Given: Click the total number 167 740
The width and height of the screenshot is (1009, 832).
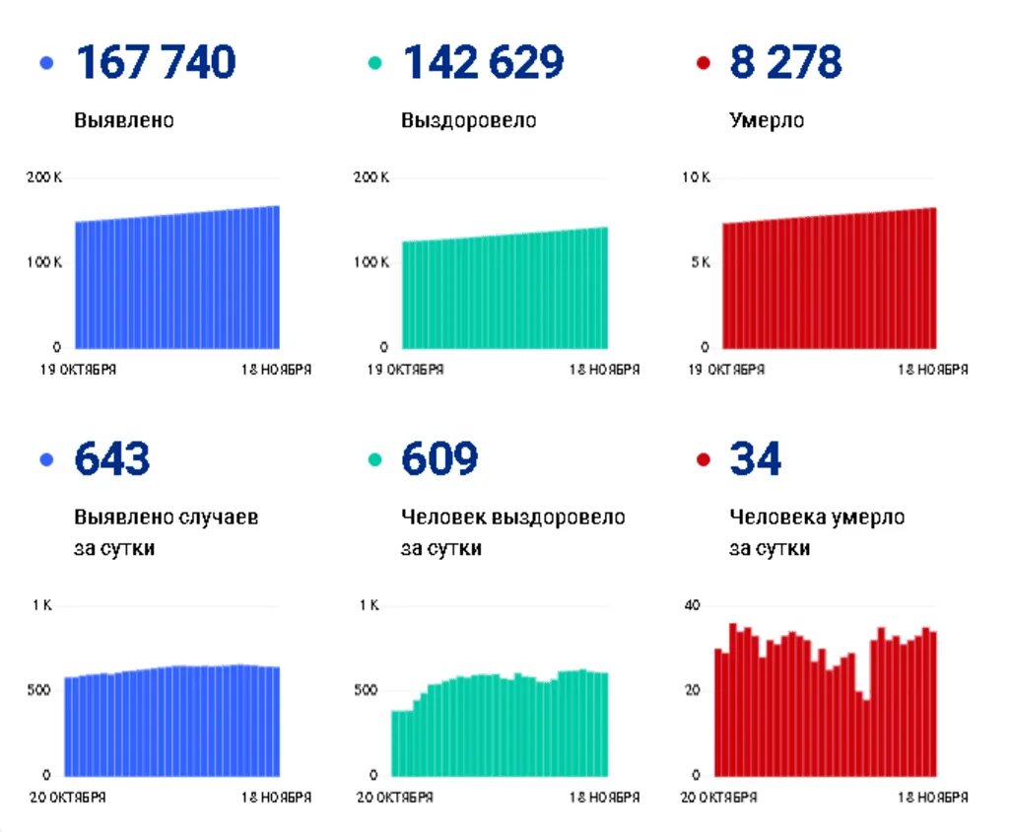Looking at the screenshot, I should coord(156,63).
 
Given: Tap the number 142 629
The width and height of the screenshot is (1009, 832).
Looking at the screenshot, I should coord(483,63).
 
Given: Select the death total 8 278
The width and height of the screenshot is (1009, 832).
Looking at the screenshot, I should coord(785,63).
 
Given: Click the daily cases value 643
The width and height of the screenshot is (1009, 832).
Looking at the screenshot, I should coord(112,460).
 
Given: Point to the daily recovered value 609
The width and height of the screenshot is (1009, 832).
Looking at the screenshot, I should coord(439,460).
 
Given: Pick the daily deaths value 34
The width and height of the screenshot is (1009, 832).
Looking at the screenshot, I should coord(755,460).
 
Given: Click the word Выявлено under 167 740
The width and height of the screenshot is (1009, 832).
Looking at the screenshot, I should coord(124,121).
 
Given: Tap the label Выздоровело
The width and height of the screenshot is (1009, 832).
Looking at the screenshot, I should coord(468,121).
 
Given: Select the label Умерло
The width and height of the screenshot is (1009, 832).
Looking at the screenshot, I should coord(767,121).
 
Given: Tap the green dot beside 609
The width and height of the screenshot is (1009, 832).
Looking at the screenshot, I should coord(374,460).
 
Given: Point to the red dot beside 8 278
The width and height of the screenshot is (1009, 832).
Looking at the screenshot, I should coord(703,64).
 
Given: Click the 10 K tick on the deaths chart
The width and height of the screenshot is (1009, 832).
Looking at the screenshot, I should coord(696,177).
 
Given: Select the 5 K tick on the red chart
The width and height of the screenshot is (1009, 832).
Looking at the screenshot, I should coord(699,262).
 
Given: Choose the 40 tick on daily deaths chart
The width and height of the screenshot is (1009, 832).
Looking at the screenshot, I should coord(692,605).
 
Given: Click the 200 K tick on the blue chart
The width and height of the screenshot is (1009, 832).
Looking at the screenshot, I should coord(43,177).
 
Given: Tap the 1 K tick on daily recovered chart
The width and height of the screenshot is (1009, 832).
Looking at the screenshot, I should coord(369,605).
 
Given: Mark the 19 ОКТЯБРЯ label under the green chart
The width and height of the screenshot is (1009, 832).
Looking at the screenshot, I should coord(404,371).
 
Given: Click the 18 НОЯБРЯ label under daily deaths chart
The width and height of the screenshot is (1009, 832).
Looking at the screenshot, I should coord(931,797).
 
